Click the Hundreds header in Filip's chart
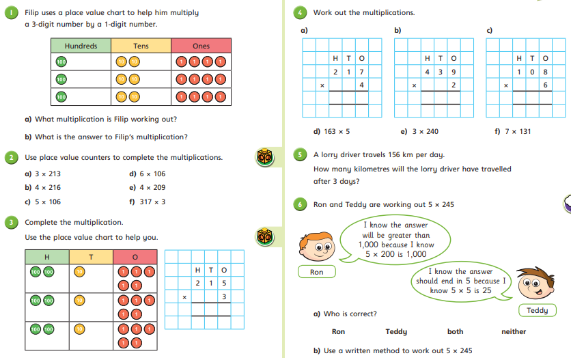[81, 46]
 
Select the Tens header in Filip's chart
[141, 46]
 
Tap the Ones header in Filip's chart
[201, 46]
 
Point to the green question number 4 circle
[301, 12]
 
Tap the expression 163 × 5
[337, 131]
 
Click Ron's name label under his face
[316, 272]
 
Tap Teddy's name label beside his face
[537, 311]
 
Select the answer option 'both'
[455, 331]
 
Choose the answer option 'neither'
[514, 331]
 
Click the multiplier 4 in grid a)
[361, 85]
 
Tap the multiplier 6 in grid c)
[545, 85]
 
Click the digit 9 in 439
[454, 72]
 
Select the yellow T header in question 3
[91, 256]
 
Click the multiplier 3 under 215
[223, 296]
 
